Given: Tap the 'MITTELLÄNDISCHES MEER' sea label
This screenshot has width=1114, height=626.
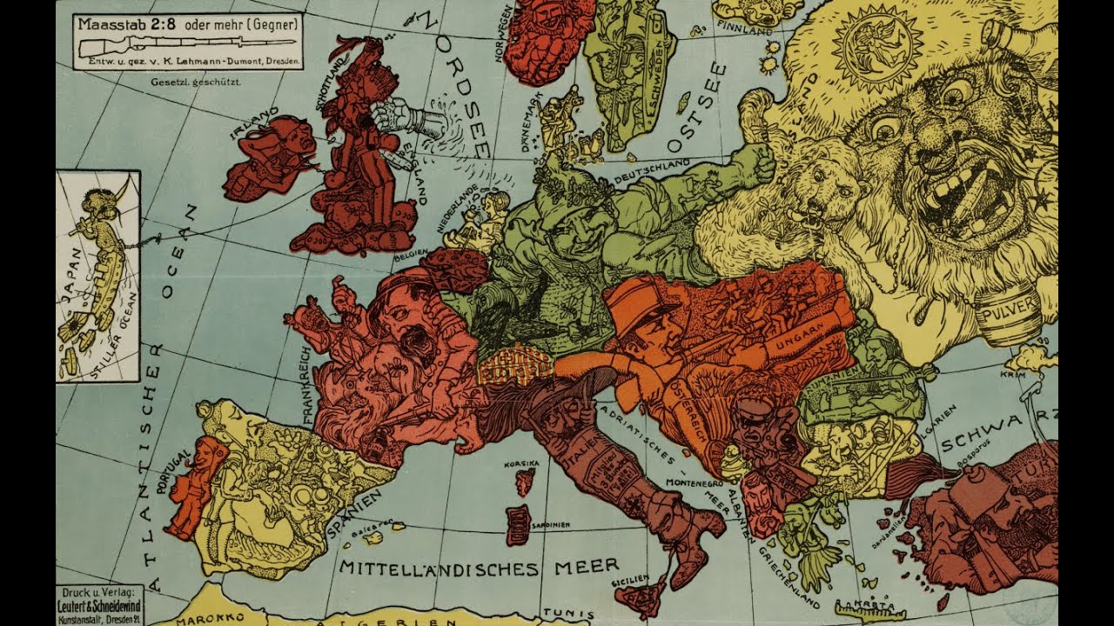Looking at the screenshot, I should [x=479, y=568].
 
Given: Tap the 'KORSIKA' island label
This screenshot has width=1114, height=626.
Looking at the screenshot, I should [x=522, y=464].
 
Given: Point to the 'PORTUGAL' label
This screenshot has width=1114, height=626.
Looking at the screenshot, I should [x=171, y=474].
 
